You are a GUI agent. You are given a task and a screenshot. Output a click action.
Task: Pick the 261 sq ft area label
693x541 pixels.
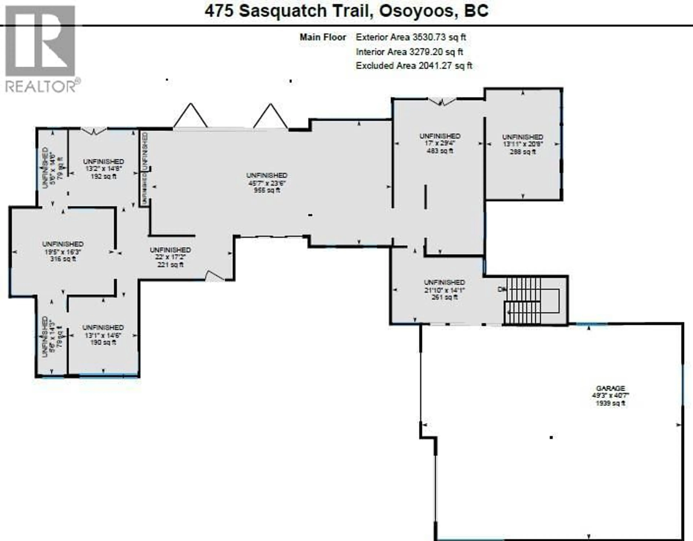[444, 297]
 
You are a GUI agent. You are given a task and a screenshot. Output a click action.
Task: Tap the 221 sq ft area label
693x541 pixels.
[170, 265]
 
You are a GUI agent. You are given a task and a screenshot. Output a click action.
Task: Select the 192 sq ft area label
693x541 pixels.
[103, 176]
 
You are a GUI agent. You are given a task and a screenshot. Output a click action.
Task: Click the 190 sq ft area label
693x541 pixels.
[103, 342]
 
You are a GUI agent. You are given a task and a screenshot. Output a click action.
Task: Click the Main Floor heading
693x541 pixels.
[323, 37]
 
